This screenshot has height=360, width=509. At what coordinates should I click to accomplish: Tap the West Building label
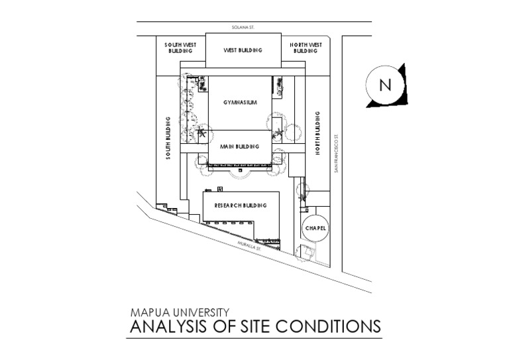coord(242,50)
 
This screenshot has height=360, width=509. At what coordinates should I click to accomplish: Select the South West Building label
coord(179,48)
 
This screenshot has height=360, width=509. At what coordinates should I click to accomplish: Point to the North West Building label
coord(306,48)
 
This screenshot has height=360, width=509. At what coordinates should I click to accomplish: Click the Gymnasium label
coord(239,102)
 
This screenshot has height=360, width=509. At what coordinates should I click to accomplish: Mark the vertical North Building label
coord(317,138)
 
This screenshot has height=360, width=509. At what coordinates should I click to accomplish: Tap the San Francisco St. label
coord(337,152)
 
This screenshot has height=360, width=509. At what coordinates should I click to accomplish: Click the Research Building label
coord(241,206)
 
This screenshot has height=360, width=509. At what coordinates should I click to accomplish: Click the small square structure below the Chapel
coord(307,252)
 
